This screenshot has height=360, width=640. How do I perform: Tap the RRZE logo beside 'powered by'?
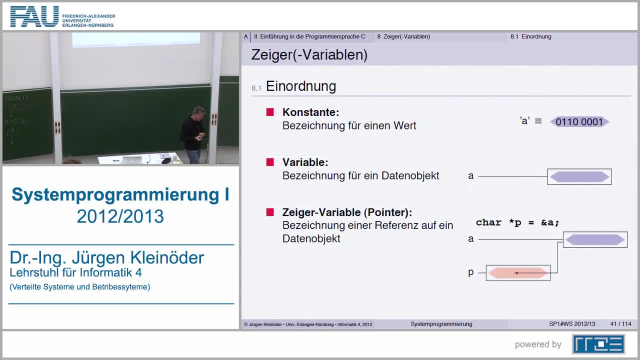598,344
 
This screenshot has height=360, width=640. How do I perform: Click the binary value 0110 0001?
579,122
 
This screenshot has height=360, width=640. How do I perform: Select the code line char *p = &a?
517,222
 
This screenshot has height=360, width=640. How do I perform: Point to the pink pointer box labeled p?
517,273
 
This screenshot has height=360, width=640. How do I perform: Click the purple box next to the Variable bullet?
579,176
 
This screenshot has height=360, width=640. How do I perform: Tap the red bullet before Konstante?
270,112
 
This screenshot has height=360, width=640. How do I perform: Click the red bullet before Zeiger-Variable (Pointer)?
270,212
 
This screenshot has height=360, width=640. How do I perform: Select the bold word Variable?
305,162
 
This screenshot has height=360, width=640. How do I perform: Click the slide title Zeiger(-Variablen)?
309,55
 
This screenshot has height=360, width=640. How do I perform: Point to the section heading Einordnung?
300,86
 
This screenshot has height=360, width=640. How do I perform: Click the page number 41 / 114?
620,324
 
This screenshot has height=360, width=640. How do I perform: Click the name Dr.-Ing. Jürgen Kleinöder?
107,258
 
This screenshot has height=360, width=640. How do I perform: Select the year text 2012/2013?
120,216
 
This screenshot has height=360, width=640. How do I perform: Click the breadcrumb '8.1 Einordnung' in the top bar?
530,36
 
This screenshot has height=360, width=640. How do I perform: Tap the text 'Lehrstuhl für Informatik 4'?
75,272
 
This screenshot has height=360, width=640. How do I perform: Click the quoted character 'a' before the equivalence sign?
524,121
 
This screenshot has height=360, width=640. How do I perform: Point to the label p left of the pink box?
470,272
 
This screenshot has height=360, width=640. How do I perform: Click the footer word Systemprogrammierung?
441,324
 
